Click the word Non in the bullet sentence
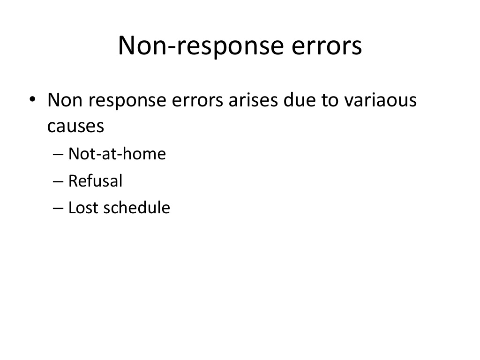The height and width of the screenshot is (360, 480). point(64,100)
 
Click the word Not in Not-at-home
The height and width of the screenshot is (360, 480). point(81,154)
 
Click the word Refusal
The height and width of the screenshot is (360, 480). point(95,180)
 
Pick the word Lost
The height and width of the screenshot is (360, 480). point(84,208)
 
